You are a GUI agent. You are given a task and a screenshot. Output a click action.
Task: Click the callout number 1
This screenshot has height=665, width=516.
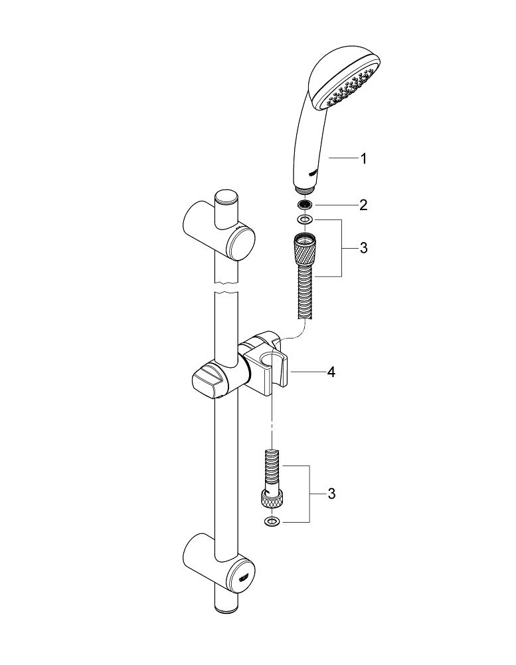point(363,159)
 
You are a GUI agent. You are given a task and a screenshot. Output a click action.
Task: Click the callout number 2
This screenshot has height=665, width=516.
point(363,205)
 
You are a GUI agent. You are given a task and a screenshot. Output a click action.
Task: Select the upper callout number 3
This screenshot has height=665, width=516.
point(363,248)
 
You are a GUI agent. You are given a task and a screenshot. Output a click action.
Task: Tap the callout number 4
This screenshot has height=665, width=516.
point(331,372)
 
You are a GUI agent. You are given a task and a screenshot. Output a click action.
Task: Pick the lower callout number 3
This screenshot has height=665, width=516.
point(331,493)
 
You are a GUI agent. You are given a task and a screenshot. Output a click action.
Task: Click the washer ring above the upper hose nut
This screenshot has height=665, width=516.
point(304,219)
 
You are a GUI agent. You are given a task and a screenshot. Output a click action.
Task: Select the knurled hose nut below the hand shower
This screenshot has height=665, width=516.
point(304,250)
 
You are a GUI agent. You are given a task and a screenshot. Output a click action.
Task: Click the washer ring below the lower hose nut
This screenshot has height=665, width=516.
point(272,521)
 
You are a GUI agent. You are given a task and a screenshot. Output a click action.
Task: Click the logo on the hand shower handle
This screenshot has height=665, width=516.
point(312,172)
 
